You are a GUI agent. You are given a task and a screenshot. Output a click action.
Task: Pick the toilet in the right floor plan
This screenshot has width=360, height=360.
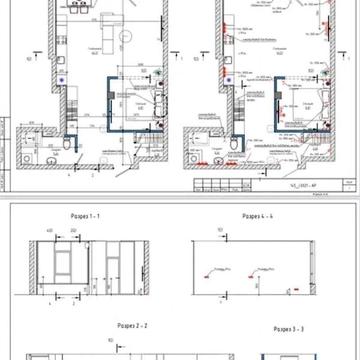[232, 147]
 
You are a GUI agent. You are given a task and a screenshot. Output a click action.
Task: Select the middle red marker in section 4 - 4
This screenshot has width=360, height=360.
[262, 270]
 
